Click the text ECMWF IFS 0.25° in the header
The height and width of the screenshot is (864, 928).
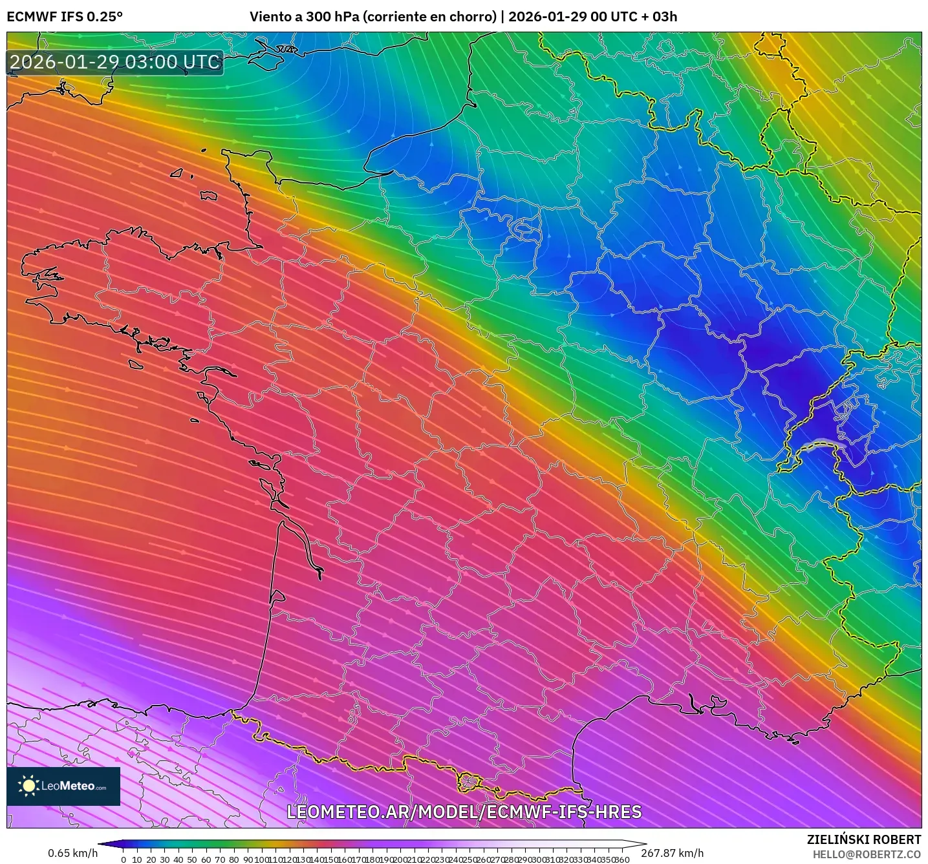[65, 17]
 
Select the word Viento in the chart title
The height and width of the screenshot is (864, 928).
[270, 17]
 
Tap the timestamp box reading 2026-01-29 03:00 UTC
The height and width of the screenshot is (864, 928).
[115, 62]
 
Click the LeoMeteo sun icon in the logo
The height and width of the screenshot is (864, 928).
[29, 786]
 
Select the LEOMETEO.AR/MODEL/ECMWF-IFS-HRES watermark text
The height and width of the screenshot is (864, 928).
[464, 812]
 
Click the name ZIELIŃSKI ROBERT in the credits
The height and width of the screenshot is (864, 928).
[864, 839]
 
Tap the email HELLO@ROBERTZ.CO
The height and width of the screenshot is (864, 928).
[867, 854]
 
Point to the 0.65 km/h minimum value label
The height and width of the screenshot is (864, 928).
[72, 853]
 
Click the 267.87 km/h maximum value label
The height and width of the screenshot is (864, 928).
[673, 853]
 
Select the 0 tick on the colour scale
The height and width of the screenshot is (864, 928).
[124, 859]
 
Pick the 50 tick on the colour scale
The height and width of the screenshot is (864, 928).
[192, 859]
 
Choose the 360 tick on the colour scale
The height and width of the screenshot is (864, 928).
[622, 859]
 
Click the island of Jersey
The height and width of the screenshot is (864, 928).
[208, 195]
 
